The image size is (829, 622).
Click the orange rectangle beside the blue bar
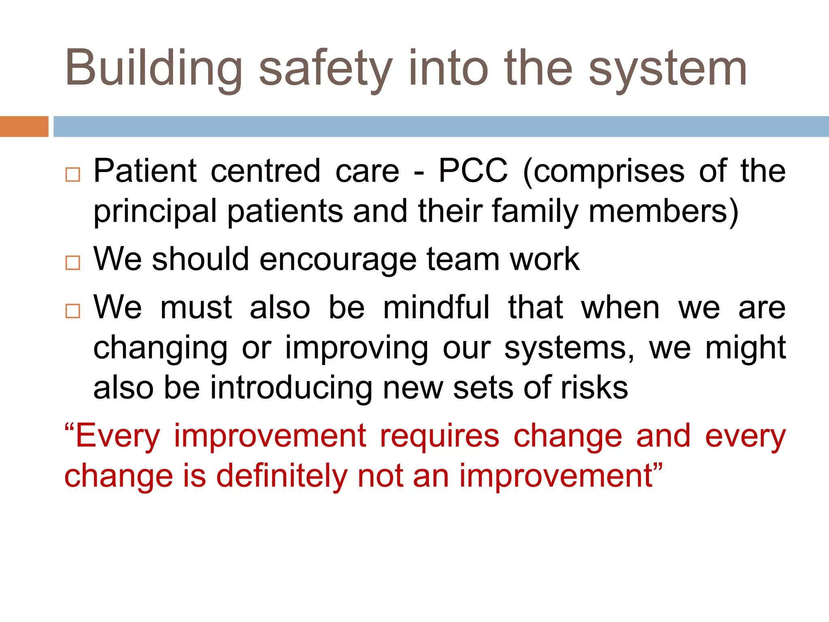24,126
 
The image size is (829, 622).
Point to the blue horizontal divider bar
441,126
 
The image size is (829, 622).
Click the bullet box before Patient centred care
73,175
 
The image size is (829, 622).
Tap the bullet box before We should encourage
73,263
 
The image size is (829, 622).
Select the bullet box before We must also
73,311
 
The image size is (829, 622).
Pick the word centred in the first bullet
266,171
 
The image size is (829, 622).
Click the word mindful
436,307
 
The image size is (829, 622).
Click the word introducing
291,388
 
